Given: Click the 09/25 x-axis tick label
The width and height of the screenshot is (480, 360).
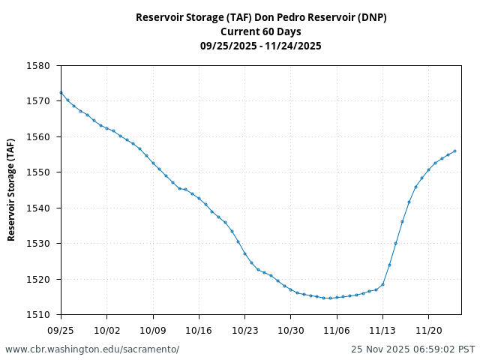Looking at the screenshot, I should (x=61, y=330).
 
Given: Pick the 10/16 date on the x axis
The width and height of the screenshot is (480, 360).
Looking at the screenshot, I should (x=199, y=330).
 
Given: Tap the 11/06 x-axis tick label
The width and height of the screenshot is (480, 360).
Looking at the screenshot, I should (x=337, y=330).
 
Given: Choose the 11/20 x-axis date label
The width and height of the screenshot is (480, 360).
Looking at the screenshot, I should (x=428, y=330).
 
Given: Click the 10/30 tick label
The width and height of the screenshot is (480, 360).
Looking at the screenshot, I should (x=291, y=330).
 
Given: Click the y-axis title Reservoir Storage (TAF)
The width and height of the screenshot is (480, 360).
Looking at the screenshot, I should (x=12, y=190).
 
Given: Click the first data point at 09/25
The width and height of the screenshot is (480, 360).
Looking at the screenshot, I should (x=61, y=93).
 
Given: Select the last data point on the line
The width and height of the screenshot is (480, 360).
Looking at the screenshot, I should (x=454, y=151).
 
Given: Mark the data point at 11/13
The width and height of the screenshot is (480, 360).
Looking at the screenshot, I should (x=382, y=284).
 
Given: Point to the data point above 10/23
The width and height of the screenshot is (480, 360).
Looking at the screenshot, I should (x=244, y=253).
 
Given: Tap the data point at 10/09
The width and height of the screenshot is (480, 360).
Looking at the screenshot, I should (x=153, y=163).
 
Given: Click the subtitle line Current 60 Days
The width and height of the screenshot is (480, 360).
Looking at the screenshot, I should (x=261, y=31).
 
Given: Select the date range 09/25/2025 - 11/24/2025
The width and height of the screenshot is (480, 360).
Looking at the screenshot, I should (x=261, y=46).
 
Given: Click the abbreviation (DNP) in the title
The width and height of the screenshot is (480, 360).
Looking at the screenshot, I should (x=372, y=17).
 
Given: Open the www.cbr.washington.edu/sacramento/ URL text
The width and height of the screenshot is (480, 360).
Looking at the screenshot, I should (x=92, y=349).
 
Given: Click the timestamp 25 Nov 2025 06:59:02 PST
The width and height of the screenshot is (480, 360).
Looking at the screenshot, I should (x=412, y=349).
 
